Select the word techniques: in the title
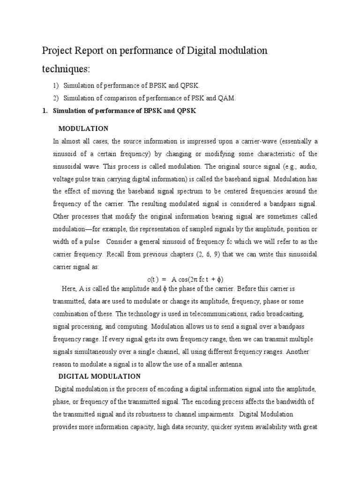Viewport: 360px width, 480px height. (x=65, y=69)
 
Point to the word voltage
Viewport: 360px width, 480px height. (x=64, y=179)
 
